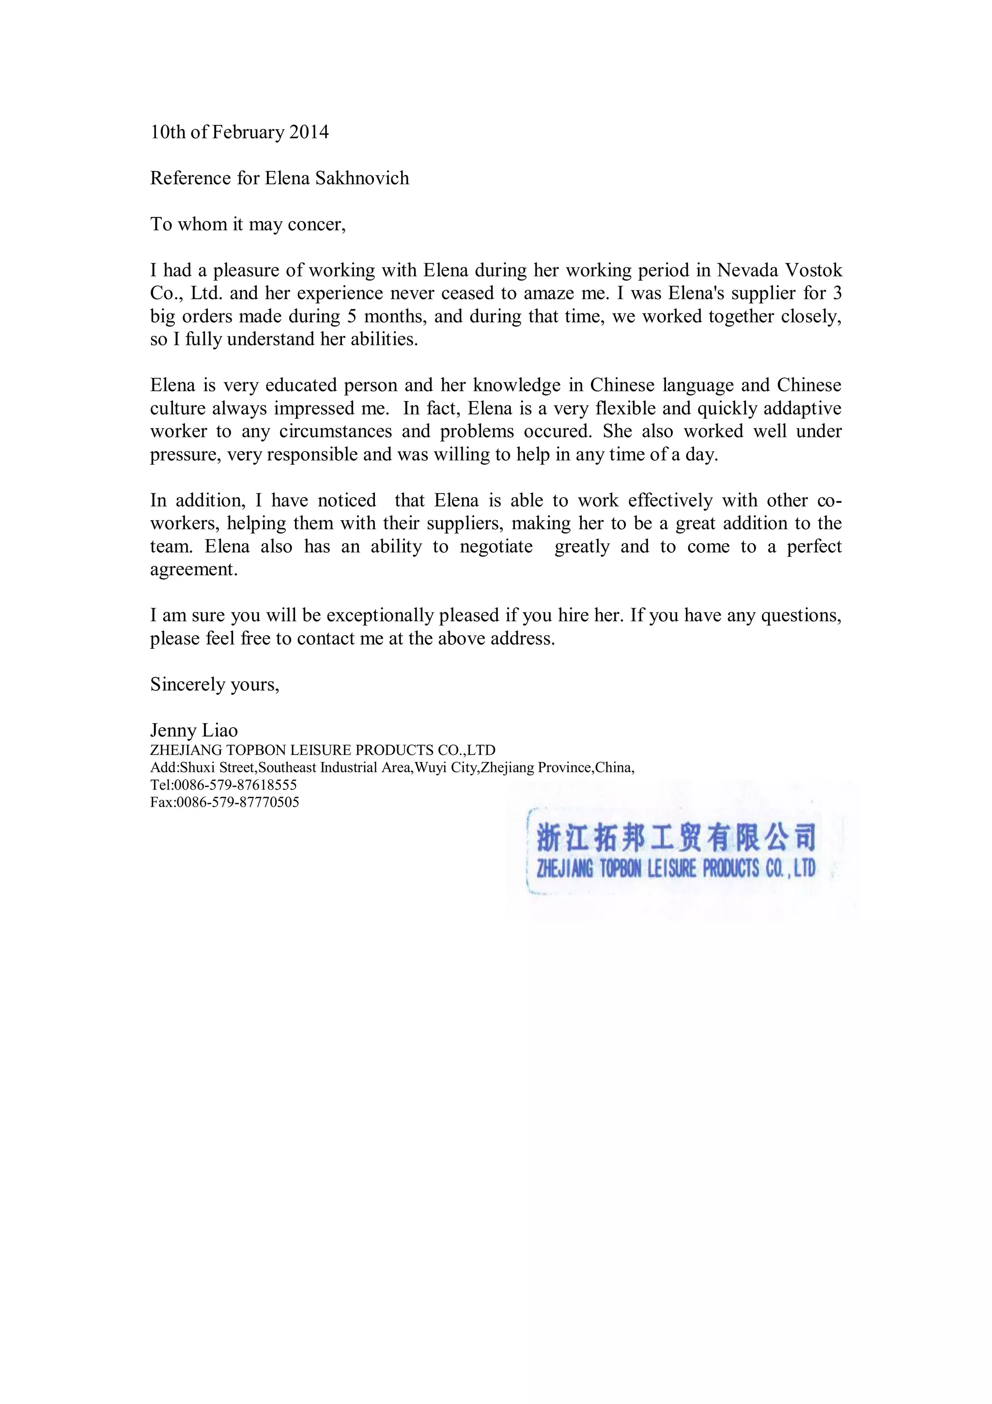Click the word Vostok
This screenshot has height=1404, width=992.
click(x=814, y=270)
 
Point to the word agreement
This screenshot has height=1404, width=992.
click(x=193, y=569)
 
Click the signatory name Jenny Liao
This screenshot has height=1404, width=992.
click(x=194, y=730)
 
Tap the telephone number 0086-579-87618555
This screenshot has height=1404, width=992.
click(x=235, y=784)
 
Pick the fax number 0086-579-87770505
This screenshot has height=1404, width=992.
click(x=238, y=802)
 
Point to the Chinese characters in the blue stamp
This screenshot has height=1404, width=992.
click(x=675, y=837)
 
